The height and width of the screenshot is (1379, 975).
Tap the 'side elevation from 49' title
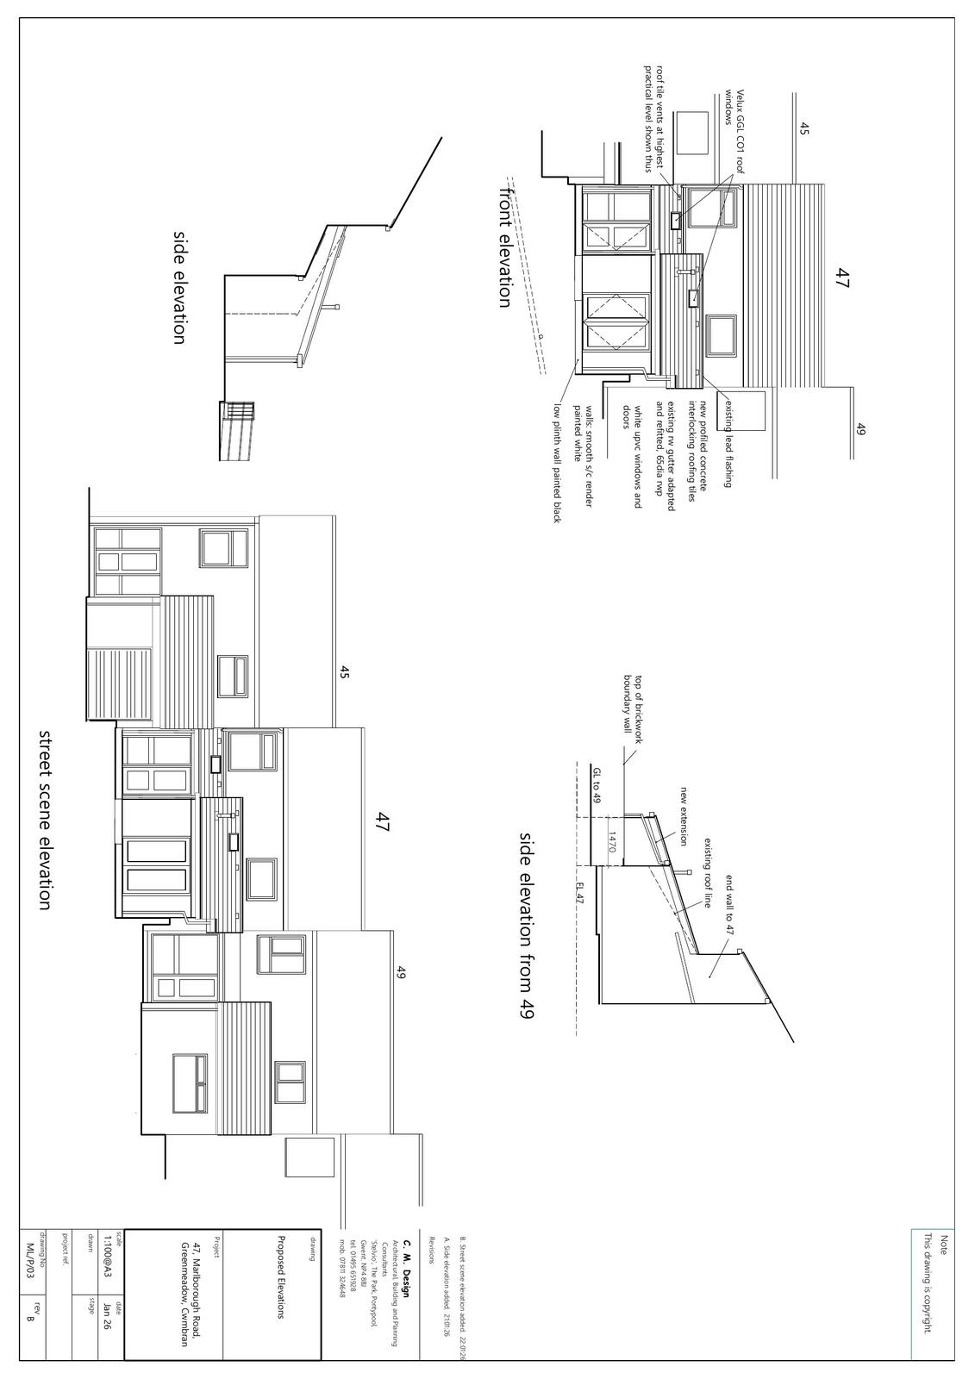click(526, 926)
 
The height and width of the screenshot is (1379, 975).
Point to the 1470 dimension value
click(610, 841)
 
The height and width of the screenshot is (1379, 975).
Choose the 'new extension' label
click(684, 815)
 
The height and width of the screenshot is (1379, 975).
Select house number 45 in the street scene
click(344, 673)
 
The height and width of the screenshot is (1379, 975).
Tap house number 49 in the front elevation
click(860, 428)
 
